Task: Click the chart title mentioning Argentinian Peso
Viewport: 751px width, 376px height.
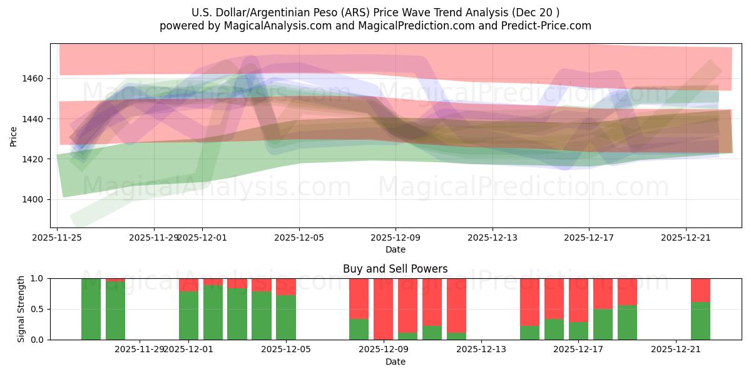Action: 375,13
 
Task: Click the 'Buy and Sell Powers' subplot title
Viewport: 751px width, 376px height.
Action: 395,269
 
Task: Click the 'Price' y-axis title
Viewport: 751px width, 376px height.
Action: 14,135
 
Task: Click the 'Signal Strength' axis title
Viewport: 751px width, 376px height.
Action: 21,309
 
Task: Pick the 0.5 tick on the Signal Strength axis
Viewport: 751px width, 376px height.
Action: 38,309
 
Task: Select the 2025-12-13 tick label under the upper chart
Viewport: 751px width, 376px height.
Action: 493,238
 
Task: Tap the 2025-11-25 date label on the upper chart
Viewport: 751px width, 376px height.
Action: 58,238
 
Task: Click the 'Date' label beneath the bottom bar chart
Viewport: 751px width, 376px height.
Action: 395,362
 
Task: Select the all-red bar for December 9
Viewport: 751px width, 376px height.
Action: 383,309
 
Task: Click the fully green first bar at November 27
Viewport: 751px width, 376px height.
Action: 91,309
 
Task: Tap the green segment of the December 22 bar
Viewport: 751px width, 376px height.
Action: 700,321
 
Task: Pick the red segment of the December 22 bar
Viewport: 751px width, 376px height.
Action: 700,290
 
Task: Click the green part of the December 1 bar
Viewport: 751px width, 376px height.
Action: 188,315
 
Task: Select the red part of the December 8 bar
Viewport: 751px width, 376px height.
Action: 359,298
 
